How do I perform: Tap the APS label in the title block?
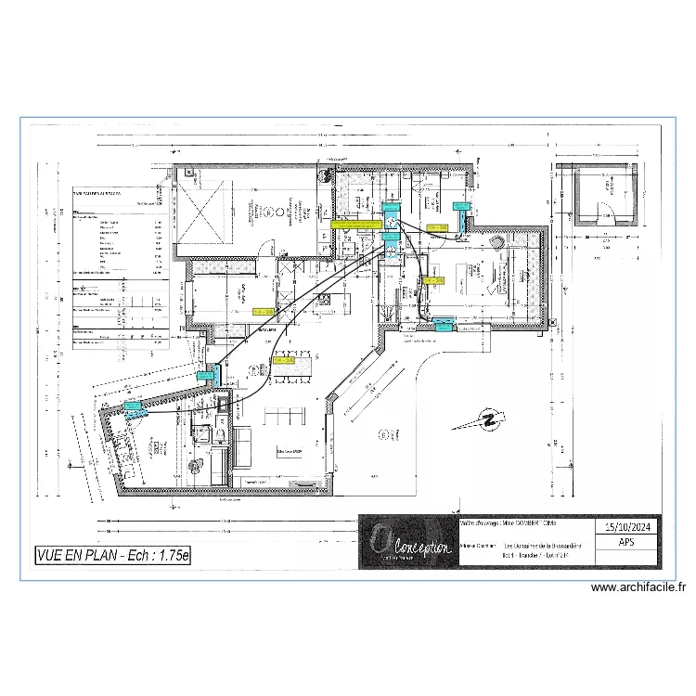point(628,548)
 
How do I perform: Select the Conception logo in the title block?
point(406,542)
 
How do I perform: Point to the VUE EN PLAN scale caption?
point(111,556)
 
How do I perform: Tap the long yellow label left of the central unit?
point(355,225)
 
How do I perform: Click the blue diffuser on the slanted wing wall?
point(134,406)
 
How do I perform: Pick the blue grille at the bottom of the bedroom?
point(441,324)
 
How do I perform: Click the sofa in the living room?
point(249,445)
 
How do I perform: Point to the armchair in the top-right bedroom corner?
point(498,243)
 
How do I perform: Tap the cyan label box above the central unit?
point(390,209)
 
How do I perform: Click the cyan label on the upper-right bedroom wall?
point(459,206)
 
